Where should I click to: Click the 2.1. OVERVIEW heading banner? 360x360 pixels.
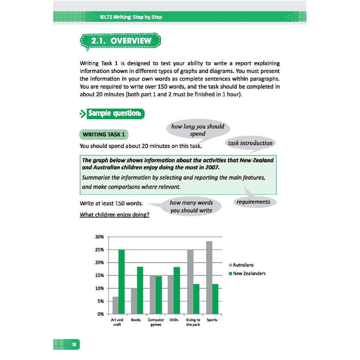pyautogui.click(x=121, y=41)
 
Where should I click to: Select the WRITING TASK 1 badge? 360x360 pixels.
pyautogui.click(x=104, y=134)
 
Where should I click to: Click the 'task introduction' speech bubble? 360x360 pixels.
pyautogui.click(x=250, y=143)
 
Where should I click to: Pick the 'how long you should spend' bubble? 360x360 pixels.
pyautogui.click(x=197, y=130)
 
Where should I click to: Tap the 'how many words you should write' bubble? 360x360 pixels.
pyautogui.click(x=191, y=206)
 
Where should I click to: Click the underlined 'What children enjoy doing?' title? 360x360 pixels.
pyautogui.click(x=115, y=214)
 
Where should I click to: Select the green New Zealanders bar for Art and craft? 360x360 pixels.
pyautogui.click(x=122, y=281)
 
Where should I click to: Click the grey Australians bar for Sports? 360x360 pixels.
pyautogui.click(x=209, y=277)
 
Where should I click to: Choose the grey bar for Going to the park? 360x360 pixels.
pyautogui.click(x=190, y=281)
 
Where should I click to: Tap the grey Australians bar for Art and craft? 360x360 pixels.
pyautogui.click(x=115, y=305)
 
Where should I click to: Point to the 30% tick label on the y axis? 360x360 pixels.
pyautogui.click(x=99, y=237)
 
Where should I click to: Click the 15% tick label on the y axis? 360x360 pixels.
pyautogui.click(x=99, y=275)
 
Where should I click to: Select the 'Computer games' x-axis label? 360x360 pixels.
pyautogui.click(x=156, y=322)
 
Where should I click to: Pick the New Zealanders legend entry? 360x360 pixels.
pyautogui.click(x=249, y=274)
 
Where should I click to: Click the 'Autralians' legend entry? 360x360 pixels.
pyautogui.click(x=243, y=265)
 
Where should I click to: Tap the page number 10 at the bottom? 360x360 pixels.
pyautogui.click(x=75, y=344)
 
